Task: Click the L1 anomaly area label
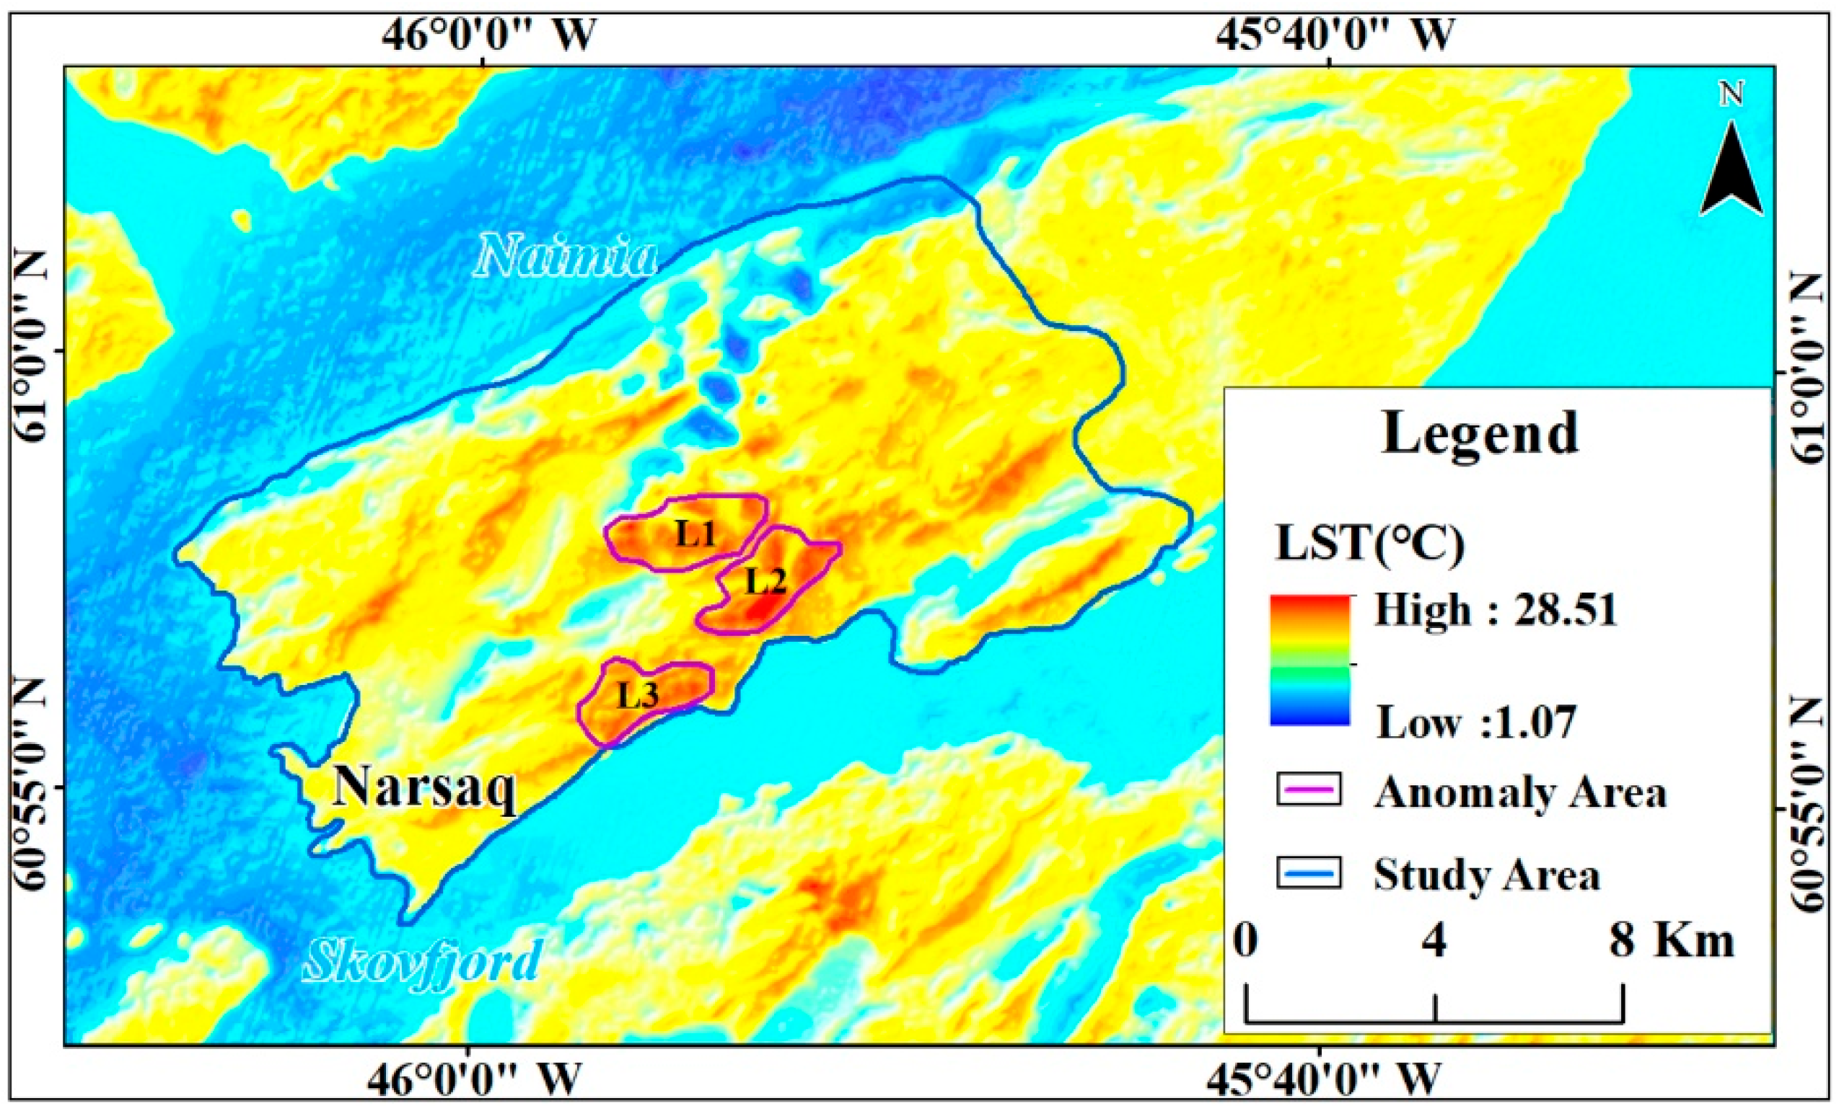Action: click(695, 534)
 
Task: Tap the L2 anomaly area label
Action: click(765, 581)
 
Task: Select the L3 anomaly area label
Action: click(638, 696)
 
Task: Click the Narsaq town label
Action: click(424, 787)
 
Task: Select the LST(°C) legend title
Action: click(1369, 544)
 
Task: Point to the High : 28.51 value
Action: click(1495, 610)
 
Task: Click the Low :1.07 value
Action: click(1475, 722)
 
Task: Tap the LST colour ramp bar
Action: click(1309, 660)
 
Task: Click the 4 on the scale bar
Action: click(1434, 942)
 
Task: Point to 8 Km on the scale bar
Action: click(1670, 942)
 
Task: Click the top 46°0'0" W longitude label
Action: click(490, 34)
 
